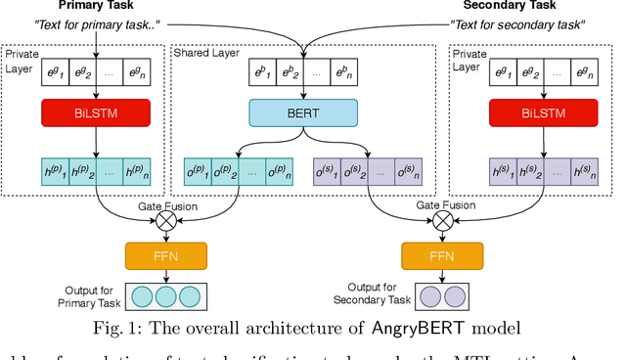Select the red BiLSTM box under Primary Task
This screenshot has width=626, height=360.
tap(95, 112)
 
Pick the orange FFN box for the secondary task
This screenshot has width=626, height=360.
tap(443, 256)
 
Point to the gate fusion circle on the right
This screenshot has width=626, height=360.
tap(443, 220)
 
